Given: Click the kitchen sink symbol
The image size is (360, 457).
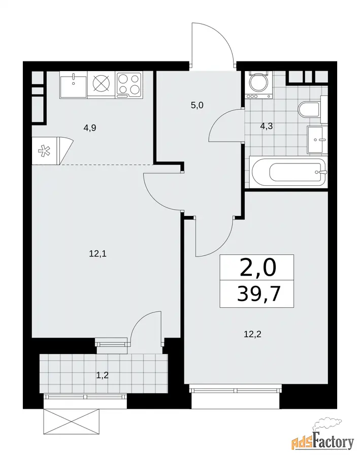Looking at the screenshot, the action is tap(74, 85).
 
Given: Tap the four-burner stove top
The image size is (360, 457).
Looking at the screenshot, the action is tap(129, 85).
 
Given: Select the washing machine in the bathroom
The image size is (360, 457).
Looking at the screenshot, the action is tap(258, 84).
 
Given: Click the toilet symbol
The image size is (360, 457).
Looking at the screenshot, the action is tap(310, 110).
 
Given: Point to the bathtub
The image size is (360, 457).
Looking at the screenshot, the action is tap(288, 172).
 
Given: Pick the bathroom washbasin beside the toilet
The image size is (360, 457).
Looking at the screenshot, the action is tap(317, 140).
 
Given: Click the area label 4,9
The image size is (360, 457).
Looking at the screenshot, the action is tap(90, 128).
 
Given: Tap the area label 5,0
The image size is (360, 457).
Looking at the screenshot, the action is tap(197, 105).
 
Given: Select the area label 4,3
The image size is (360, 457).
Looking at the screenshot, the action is tap(267, 126).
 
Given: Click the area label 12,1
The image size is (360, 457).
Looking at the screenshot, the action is tap(97, 254).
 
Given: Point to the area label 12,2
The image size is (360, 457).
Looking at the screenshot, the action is tap(252, 334).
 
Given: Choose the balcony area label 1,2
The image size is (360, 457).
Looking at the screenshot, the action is tap(103, 375).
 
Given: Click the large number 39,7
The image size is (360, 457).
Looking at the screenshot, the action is tap(259, 294).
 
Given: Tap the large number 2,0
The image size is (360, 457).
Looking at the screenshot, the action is tap(257, 268).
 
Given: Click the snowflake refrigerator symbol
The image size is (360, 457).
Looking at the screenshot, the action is tap(44, 151).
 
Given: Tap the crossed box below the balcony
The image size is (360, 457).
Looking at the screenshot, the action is tap(72, 422).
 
